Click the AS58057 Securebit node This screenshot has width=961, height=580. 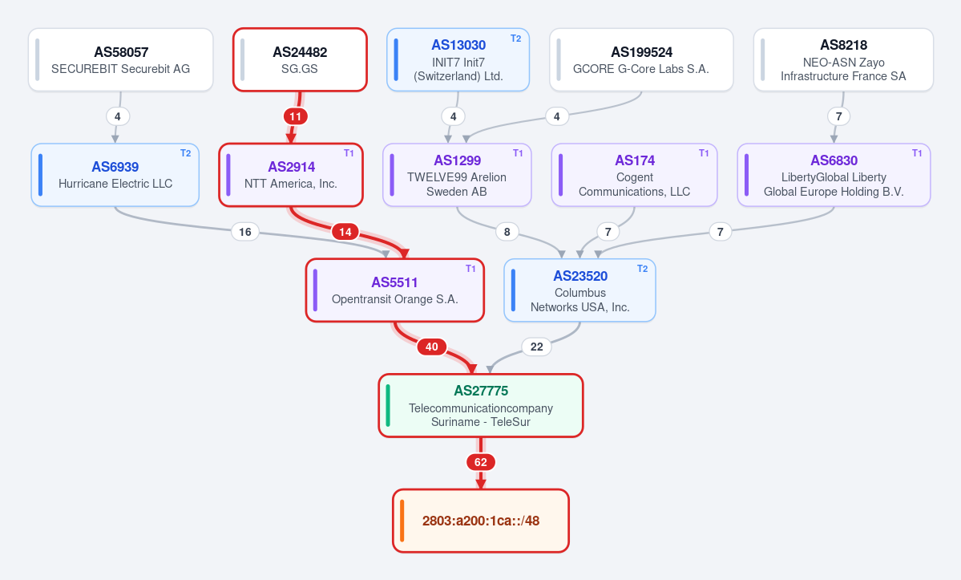coord(121,59)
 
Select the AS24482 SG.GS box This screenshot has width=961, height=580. coord(300,59)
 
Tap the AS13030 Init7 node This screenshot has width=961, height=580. coord(458,59)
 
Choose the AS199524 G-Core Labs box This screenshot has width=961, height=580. coord(641,59)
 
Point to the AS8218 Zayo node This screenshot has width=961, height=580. coord(843,59)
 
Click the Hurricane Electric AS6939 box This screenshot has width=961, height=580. coord(115,175)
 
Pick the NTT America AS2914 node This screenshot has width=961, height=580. coord(291,175)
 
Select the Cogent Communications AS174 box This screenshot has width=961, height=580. coord(634,175)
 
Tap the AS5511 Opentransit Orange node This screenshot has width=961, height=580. coord(394,290)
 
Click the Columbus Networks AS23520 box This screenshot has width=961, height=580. coord(579,290)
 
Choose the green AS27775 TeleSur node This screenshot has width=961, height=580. coord(481,405)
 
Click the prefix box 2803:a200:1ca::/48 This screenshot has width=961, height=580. coord(481,521)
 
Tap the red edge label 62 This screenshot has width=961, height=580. coord(481,462)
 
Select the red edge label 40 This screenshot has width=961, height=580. coord(431,347)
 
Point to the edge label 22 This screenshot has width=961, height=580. coord(536,347)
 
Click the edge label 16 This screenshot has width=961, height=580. coord(245,232)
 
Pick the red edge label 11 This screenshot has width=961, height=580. coord(296,116)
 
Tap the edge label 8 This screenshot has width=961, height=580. coord(507,232)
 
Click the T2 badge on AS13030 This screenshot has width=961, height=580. coord(516,39)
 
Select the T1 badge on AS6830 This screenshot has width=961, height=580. coord(917,153)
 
